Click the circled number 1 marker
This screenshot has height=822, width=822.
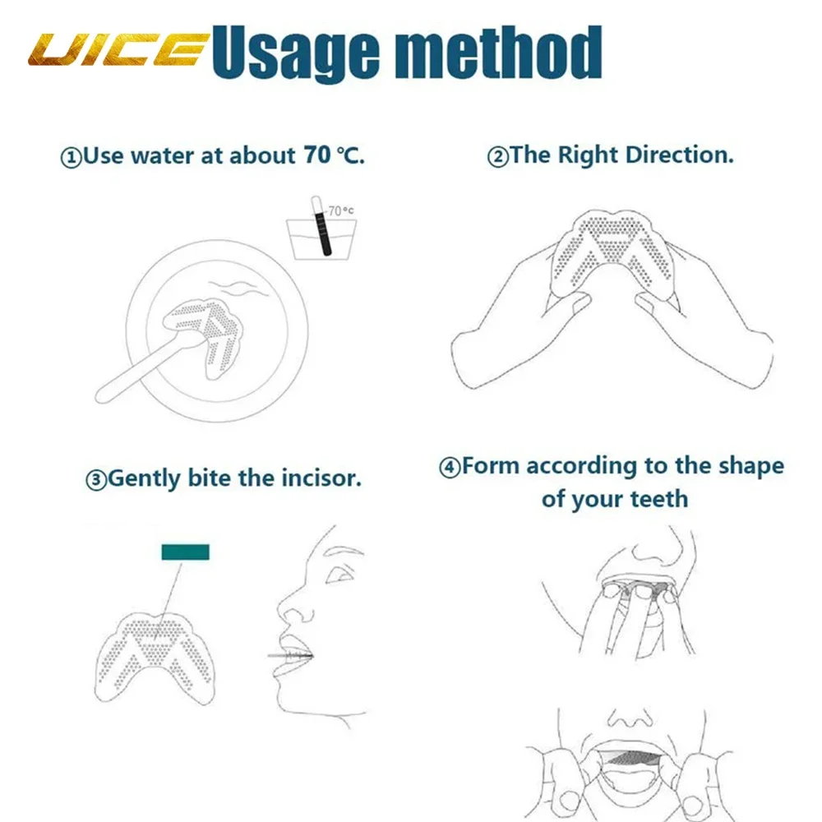click(x=72, y=156)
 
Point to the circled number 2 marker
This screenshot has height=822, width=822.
click(x=498, y=156)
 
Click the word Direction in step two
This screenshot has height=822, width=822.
click(x=679, y=155)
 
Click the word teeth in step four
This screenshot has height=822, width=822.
click(x=658, y=499)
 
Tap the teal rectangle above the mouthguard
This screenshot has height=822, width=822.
click(x=185, y=552)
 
